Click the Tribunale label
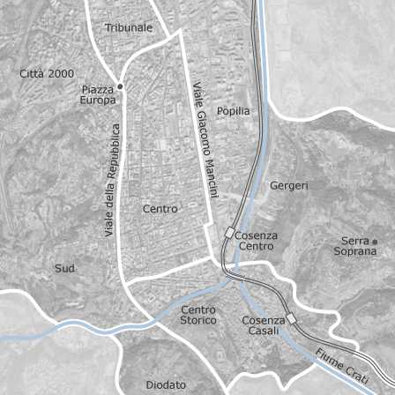(129, 28)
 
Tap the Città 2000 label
(48, 73)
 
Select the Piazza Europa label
(98, 95)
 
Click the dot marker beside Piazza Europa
(120, 86)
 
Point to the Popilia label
(234, 111)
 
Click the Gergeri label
(289, 186)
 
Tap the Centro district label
(160, 209)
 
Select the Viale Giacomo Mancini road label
(205, 139)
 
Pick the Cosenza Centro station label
(257, 241)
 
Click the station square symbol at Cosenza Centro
(229, 234)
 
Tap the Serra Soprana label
(355, 246)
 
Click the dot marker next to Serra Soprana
(374, 241)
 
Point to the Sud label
(65, 268)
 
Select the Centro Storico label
(198, 315)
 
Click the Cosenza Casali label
(264, 324)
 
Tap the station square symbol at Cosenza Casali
(292, 319)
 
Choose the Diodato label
(167, 385)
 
